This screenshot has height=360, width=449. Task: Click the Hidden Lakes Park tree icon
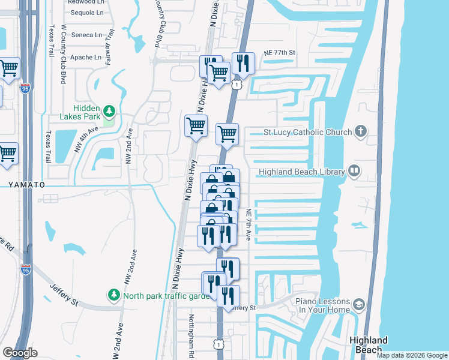pyautogui.click(x=109, y=111)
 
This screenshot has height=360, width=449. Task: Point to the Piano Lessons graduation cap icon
pyautogui.click(x=359, y=304)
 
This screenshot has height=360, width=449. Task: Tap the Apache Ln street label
pyautogui.click(x=86, y=58)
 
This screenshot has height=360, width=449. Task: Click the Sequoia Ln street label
pyautogui.click(x=88, y=12)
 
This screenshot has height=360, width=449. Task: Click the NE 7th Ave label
pyautogui.click(x=248, y=225)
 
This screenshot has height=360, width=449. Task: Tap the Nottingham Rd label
pyautogui.click(x=191, y=334)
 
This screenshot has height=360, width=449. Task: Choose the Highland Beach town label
pyautogui.click(x=368, y=345)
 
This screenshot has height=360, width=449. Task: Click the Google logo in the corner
pyautogui.click(x=20, y=353)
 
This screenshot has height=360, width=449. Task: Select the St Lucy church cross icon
pyautogui.click(x=361, y=131)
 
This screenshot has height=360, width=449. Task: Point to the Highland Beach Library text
pyautogui.click(x=301, y=172)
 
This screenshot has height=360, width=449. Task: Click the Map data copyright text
pyautogui.click(x=411, y=355)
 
